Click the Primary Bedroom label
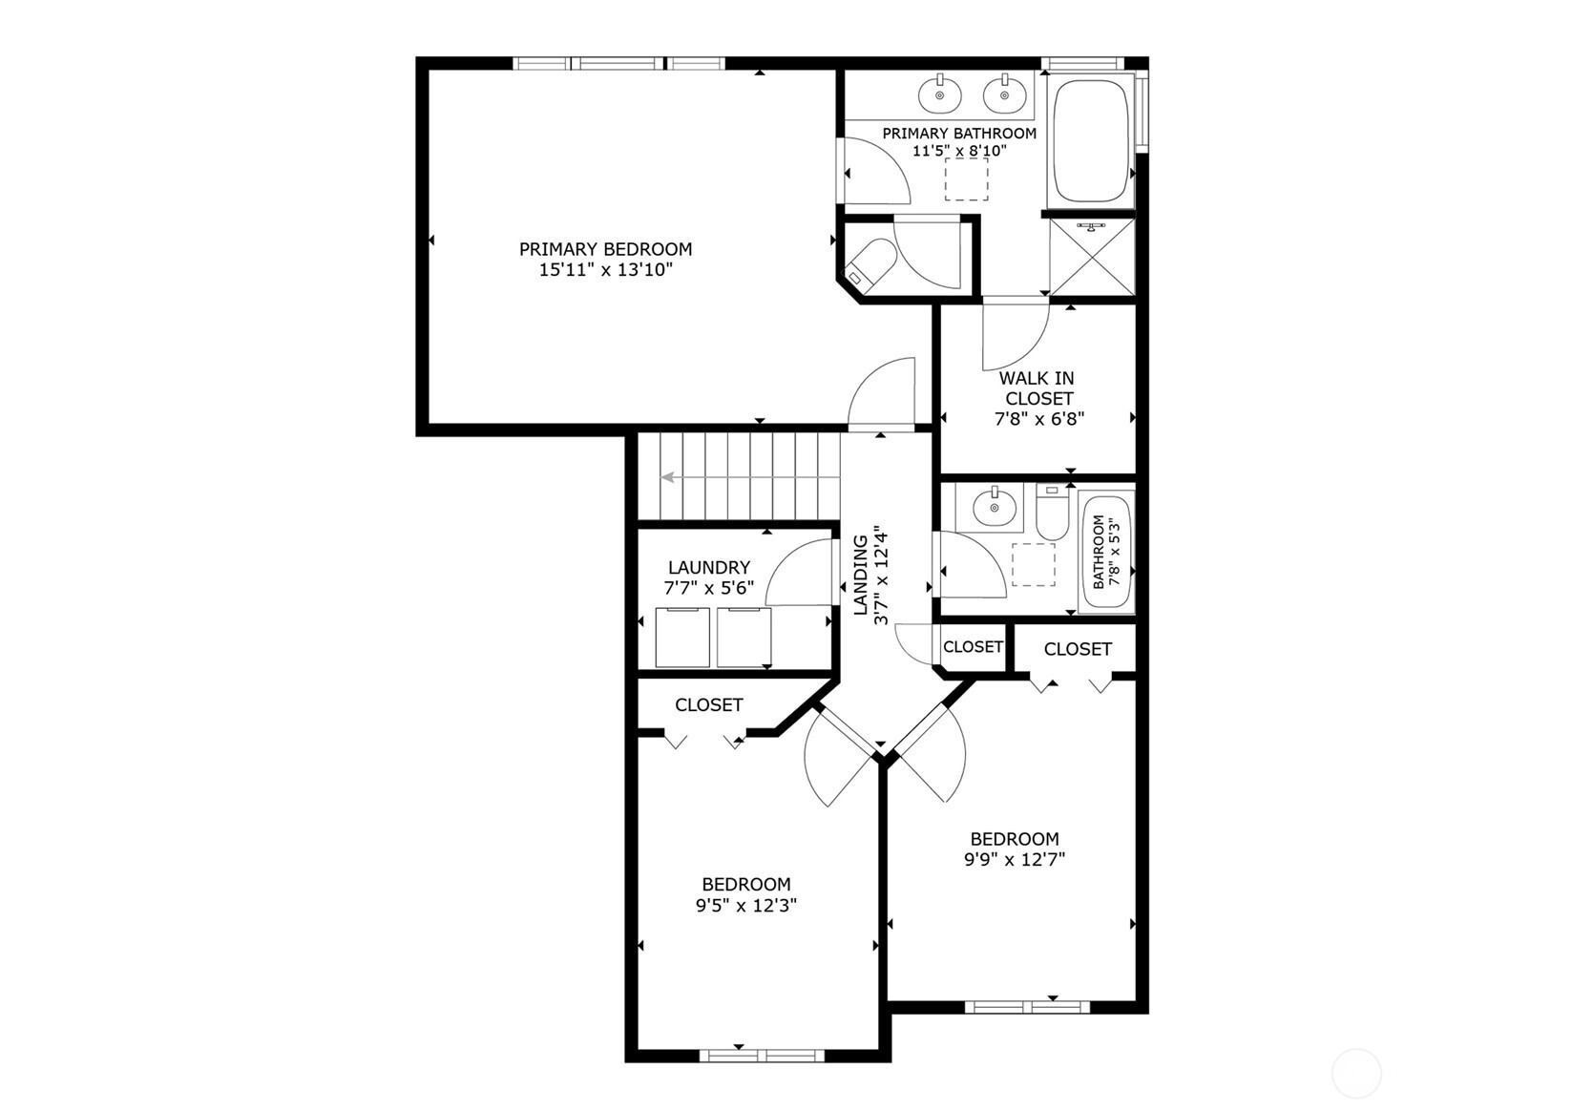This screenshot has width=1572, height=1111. [606, 249]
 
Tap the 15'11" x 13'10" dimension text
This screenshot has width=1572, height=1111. [606, 269]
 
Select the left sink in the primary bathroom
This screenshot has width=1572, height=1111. [940, 94]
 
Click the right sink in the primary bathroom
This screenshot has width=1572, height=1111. [1004, 94]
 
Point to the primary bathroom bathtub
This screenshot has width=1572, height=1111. [1091, 140]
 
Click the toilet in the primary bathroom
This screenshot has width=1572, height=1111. [870, 262]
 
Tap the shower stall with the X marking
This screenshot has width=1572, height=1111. [1092, 257]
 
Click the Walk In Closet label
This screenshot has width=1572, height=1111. [1038, 388]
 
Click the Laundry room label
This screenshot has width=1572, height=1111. [709, 567]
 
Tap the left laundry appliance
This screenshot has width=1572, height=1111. [682, 638]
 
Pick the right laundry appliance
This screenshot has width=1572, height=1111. [744, 638]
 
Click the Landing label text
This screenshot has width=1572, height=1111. [860, 575]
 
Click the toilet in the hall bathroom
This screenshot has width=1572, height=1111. [1052, 513]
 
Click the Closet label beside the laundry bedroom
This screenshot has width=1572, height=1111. [709, 704]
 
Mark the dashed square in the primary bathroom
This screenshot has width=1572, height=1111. [966, 179]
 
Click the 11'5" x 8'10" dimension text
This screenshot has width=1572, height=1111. [959, 150]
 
